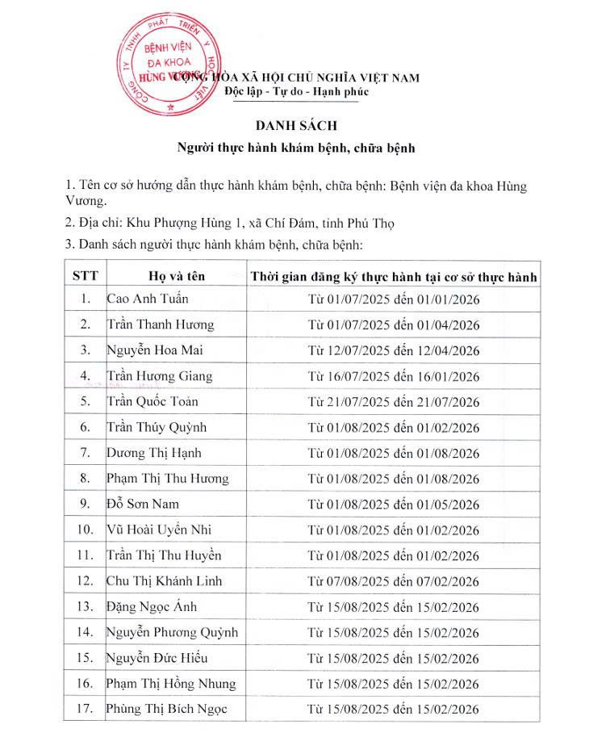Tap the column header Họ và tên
pyautogui.click(x=177, y=275)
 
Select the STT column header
pyautogui.click(x=85, y=275)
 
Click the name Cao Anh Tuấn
pyautogui.click(x=148, y=299)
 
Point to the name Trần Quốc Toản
pyautogui.click(x=152, y=401)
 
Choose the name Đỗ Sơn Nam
pyautogui.click(x=143, y=504)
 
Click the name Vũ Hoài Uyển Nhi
pyautogui.click(x=159, y=530)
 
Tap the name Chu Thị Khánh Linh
pyautogui.click(x=164, y=581)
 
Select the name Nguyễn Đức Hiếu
pyautogui.click(x=157, y=658)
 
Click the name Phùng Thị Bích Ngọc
pyautogui.click(x=167, y=710)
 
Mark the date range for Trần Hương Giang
pyautogui.click(x=394, y=376)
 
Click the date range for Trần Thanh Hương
pyautogui.click(x=394, y=325)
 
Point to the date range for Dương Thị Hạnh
pyautogui.click(x=394, y=453)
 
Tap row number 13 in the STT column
pyautogui.click(x=85, y=607)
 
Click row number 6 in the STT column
pyautogui.click(x=85, y=427)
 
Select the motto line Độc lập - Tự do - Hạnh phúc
pyautogui.click(x=296, y=91)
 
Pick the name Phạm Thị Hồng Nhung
pyautogui.click(x=171, y=684)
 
